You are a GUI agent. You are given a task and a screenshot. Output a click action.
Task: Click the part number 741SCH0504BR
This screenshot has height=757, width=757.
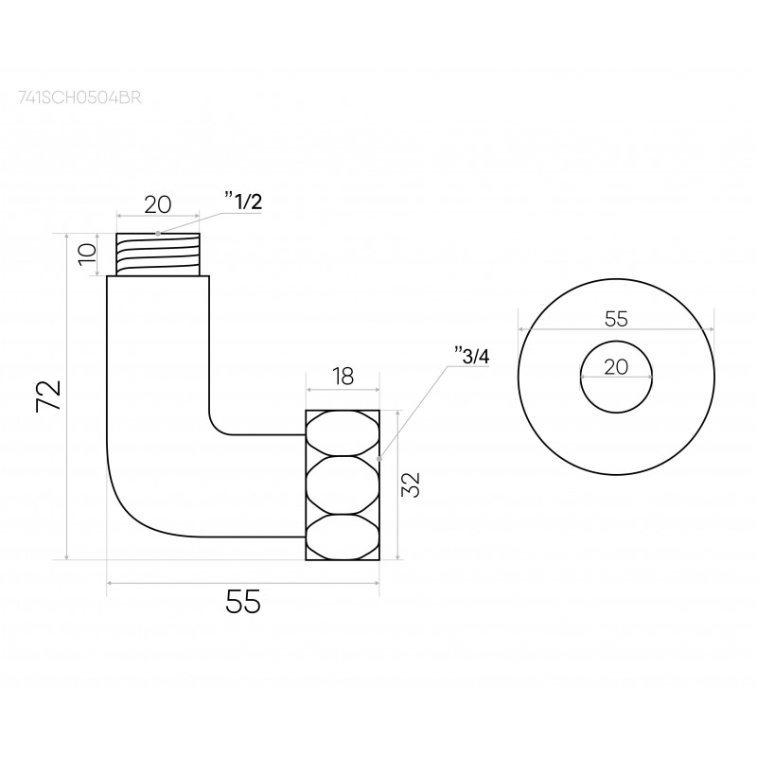pyautogui.click(x=79, y=97)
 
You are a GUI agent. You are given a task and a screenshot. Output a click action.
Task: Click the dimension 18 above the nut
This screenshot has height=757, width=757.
pyautogui.click(x=343, y=377)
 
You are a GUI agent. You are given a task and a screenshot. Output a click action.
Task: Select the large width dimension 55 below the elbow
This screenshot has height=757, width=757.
pyautogui.click(x=242, y=602)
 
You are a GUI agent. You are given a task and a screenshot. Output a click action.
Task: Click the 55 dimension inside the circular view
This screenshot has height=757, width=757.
pyautogui.click(x=616, y=318)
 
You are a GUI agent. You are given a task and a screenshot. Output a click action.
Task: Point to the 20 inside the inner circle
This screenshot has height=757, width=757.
pyautogui.click(x=616, y=367)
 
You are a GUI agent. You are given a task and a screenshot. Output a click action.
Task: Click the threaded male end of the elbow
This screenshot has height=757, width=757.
pyautogui.click(x=158, y=255)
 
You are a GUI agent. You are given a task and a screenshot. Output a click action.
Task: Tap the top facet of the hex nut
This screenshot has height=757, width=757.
pyautogui.click(x=342, y=432)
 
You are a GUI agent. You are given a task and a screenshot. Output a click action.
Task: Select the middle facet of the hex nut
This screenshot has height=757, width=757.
pyautogui.click(x=342, y=485)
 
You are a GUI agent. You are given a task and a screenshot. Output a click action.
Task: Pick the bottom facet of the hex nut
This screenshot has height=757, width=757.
pyautogui.click(x=342, y=537)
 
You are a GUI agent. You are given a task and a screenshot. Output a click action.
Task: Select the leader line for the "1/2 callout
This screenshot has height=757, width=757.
pyautogui.click(x=189, y=223)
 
